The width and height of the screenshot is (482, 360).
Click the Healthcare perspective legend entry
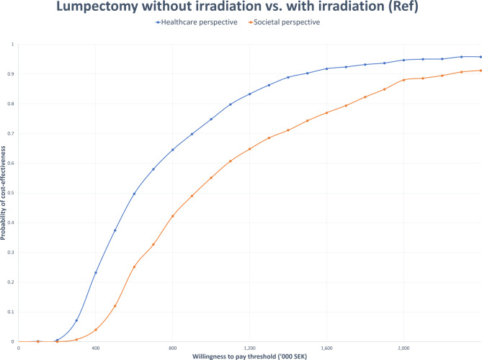[x=197, y=22]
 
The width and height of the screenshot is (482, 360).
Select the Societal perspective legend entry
[x=285, y=22]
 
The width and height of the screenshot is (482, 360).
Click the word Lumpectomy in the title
[x=97, y=6]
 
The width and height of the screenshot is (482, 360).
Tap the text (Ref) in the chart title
[x=403, y=6]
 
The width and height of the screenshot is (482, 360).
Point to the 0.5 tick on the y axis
[x=12, y=193]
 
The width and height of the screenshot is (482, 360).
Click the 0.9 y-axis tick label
[x=12, y=74]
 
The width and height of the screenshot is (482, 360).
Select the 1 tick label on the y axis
[x=12, y=45]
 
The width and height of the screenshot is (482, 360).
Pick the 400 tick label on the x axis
[x=96, y=348]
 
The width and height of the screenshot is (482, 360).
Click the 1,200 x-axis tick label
[x=249, y=348]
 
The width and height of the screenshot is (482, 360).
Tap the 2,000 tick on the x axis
[x=403, y=348]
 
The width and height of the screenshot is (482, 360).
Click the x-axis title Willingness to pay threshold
[x=249, y=356]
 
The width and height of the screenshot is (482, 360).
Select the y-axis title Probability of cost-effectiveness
[x=3, y=193]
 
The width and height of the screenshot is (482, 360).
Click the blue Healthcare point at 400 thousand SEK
[x=96, y=273]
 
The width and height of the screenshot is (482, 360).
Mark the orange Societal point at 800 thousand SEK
[x=172, y=216]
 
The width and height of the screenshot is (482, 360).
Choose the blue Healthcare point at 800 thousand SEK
[x=172, y=150]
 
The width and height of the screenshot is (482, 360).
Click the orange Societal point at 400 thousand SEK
[x=96, y=330]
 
